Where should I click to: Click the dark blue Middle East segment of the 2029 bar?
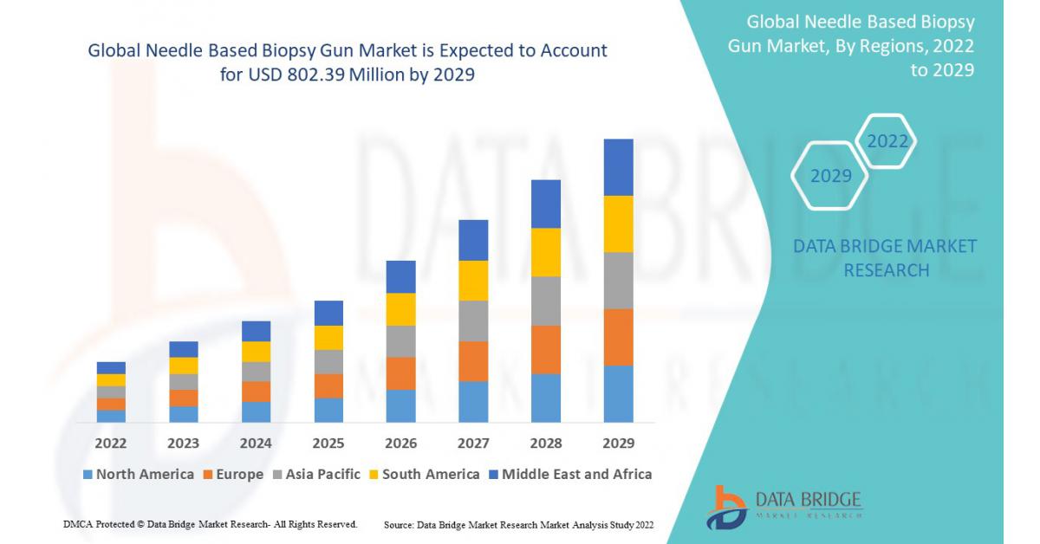tap(618, 167)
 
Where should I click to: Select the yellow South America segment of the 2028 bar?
tap(546, 252)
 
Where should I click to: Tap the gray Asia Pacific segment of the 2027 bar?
tap(473, 321)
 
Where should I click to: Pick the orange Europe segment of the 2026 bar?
tap(400, 373)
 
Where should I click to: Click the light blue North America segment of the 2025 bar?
tap(328, 410)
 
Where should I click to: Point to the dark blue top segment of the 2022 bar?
tap(111, 367)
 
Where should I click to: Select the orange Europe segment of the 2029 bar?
tap(618, 337)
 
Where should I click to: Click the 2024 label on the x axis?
tap(256, 444)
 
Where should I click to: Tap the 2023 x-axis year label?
tap(183, 444)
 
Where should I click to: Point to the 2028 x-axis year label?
tap(546, 444)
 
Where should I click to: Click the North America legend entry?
tap(139, 474)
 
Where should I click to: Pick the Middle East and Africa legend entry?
tap(569, 474)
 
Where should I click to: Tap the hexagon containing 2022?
tap(887, 141)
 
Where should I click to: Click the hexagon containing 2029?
tap(830, 176)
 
